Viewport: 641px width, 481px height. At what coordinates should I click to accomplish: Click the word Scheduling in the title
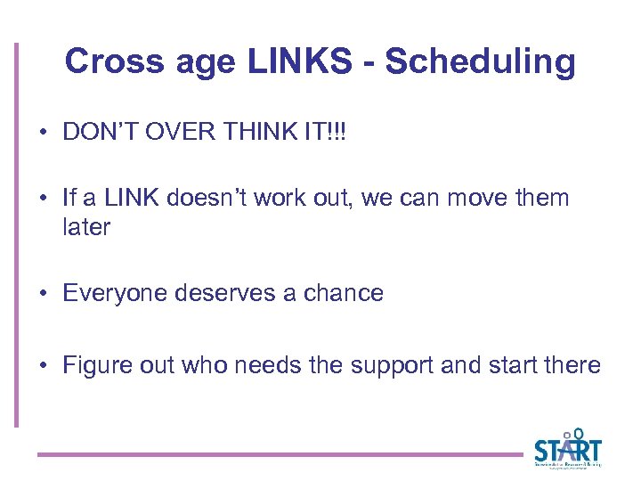[x=480, y=63]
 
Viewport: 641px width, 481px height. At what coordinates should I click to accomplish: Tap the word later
[x=86, y=227]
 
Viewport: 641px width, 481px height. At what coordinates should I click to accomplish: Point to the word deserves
[x=220, y=293]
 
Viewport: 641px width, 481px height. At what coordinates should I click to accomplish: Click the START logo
[x=567, y=449]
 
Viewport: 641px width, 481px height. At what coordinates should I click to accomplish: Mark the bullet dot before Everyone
[x=44, y=294]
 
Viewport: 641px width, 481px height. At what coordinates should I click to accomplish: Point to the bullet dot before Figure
[x=44, y=366]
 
